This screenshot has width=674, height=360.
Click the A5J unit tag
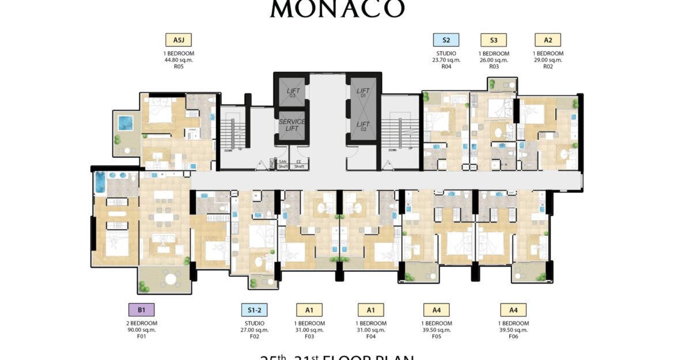coord(178,40)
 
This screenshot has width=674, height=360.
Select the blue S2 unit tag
coord(446,40)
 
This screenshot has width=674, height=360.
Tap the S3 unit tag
coord(494,40)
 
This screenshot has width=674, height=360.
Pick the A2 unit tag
coord(547,40)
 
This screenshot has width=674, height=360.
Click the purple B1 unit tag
coord(141,310)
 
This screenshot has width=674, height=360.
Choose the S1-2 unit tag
coord(255,310)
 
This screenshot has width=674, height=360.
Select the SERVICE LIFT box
coord(292,126)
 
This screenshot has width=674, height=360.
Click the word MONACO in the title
coord(337,9)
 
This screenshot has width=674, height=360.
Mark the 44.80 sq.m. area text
coord(179,60)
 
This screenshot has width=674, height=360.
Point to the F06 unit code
coord(513,336)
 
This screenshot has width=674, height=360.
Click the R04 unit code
coord(446,66)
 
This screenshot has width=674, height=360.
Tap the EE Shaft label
coord(299,165)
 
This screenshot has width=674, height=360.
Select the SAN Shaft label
coord(283,165)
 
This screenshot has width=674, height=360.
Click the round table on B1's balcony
coord(170,280)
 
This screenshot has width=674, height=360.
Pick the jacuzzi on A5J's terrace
coord(124,123)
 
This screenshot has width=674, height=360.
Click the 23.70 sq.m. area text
coord(446,60)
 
